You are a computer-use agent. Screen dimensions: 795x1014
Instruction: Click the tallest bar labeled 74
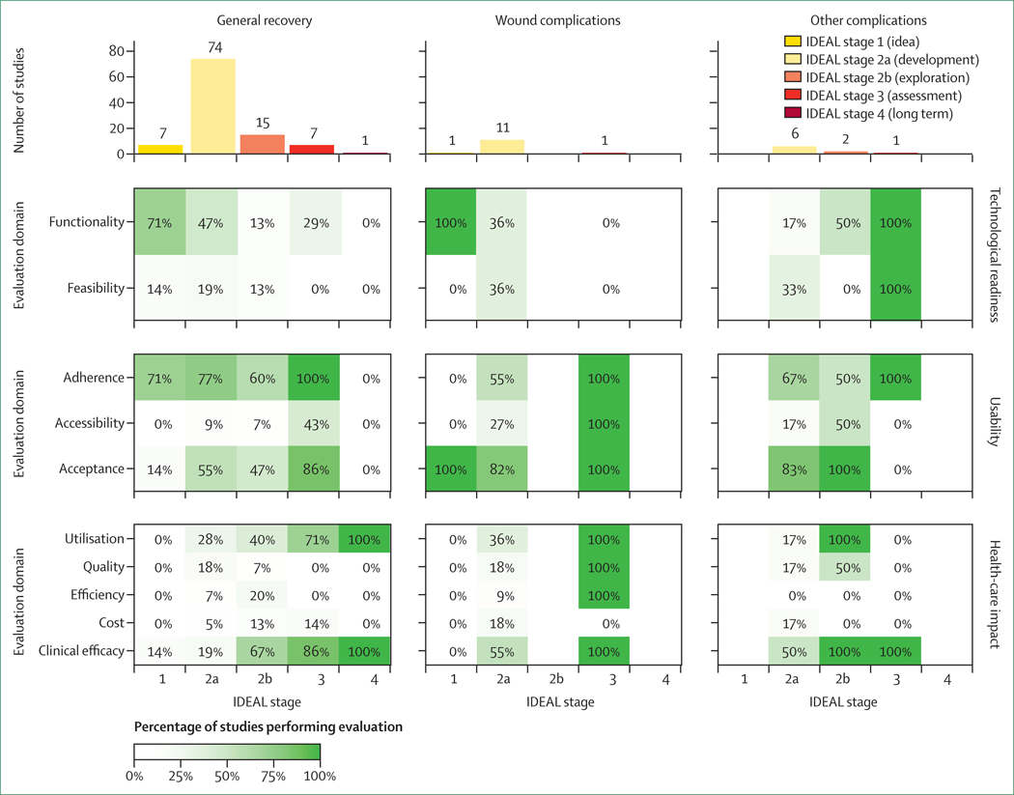pos(211,106)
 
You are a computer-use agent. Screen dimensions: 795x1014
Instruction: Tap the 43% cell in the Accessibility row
pos(315,422)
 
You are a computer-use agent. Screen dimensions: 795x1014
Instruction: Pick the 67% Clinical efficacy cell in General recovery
pos(264,652)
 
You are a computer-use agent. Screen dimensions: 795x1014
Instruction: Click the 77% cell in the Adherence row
pos(211,377)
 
